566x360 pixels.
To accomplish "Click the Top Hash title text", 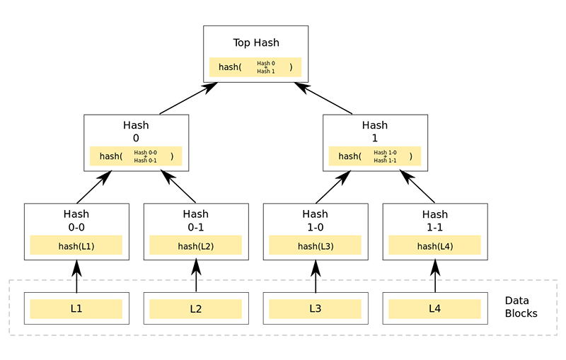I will [256, 42].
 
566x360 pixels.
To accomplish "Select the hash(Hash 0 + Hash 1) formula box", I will [255, 67].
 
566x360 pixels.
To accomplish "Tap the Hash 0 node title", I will [136, 132].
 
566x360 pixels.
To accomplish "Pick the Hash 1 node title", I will [375, 132].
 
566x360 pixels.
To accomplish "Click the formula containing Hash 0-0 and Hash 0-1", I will [136, 156].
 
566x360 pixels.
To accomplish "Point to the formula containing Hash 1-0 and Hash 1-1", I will [375, 156].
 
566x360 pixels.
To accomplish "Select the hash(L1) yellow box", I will [76, 245].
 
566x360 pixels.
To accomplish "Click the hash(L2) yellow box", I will [196, 245].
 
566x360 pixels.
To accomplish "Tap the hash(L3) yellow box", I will [316, 245].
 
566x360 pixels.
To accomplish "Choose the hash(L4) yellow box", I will [435, 245].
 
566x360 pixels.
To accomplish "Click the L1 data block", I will [76, 309].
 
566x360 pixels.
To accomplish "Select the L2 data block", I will [196, 309].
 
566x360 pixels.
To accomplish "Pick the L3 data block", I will [316, 309].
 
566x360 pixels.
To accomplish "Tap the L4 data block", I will [435, 309].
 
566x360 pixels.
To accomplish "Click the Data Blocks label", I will [521, 307].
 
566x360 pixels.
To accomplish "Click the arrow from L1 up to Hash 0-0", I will [76, 276].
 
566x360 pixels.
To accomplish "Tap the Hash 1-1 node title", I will [435, 219].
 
